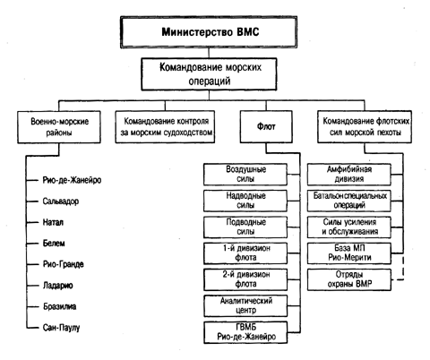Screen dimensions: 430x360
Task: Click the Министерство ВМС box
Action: pyautogui.click(x=209, y=32)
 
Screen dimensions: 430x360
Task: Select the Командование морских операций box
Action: pyautogui.click(x=209, y=74)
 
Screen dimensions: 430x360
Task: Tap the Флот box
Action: pyautogui.click(x=266, y=126)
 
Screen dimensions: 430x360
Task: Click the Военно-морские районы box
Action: pyautogui.click(x=59, y=127)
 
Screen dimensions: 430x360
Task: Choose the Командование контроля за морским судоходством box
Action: pyautogui.click(x=165, y=126)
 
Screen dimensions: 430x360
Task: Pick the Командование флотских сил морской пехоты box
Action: pyautogui.click(x=365, y=126)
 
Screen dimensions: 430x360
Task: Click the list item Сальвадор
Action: pyautogui.click(x=61, y=201)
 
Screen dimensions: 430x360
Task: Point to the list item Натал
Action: pyautogui.click(x=53, y=222)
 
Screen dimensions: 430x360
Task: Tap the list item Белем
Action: pyautogui.click(x=54, y=244)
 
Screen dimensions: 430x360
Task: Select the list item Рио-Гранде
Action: pyautogui.click(x=64, y=264)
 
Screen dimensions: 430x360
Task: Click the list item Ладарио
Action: pyautogui.click(x=58, y=286)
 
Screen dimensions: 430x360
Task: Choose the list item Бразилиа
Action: pyautogui.click(x=60, y=306)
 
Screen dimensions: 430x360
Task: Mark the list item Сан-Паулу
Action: pyautogui.click(x=62, y=328)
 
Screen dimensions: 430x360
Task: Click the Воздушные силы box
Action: pyautogui.click(x=245, y=175)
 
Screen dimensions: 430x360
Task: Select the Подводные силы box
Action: pyautogui.click(x=245, y=227)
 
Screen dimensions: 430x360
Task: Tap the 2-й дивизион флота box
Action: pyautogui.click(x=245, y=279)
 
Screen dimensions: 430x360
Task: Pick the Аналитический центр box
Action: pyautogui.click(x=245, y=306)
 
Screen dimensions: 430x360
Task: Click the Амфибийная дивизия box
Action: pyautogui.click(x=349, y=175)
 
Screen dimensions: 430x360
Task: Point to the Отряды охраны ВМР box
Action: pyautogui.click(x=349, y=279)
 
